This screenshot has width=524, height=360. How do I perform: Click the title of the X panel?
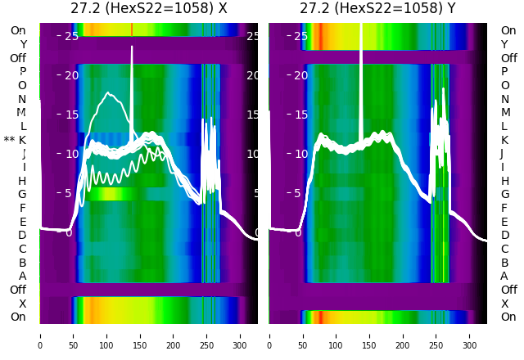pyautogui.click(x=148, y=9)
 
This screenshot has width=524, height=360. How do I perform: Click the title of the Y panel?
pyautogui.click(x=378, y=9)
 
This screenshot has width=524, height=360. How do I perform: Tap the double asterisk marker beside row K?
pyautogui.click(x=9, y=140)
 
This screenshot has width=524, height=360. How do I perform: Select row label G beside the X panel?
pyautogui.click(x=22, y=194)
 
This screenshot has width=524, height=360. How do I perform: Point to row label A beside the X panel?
pyautogui.click(x=22, y=276)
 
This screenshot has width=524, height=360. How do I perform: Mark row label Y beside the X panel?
pyautogui.click(x=23, y=44)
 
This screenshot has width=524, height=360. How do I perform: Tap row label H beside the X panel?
pyautogui.click(x=22, y=181)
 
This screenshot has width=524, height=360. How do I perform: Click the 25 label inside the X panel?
pyautogui.click(x=71, y=36)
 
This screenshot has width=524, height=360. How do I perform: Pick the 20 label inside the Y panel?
pyautogui.click(x=300, y=75)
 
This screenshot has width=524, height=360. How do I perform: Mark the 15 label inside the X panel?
pyautogui.click(x=71, y=115)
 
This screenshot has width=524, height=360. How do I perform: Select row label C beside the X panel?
pyautogui.click(x=22, y=249)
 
